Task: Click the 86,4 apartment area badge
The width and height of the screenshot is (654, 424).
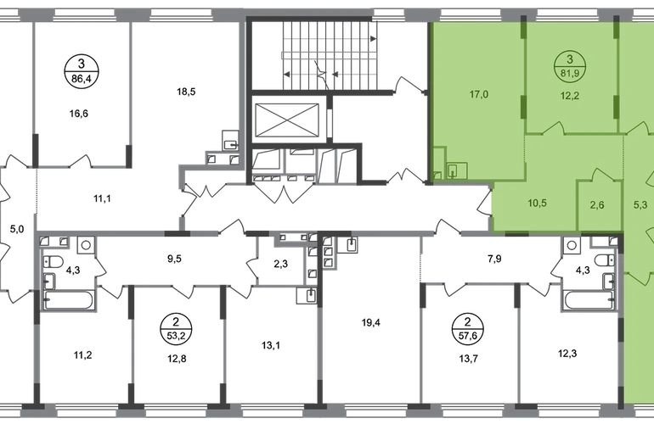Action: tap(82, 70)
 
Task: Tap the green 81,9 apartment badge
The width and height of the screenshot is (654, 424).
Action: tap(570, 67)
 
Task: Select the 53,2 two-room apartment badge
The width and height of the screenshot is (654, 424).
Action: tap(176, 329)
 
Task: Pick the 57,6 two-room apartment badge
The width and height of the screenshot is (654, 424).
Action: tap(467, 329)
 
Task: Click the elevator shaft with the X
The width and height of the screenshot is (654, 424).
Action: tap(286, 120)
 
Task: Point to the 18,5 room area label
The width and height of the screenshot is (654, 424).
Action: tap(186, 92)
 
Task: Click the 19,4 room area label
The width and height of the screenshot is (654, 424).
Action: tap(370, 322)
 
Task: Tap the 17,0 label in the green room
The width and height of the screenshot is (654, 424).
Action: tap(479, 94)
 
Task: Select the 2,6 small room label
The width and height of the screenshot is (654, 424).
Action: tap(597, 205)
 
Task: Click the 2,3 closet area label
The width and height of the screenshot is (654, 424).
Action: tap(280, 264)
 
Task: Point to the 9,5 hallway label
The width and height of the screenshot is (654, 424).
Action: tap(174, 259)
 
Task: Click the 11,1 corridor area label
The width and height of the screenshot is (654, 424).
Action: tap(102, 198)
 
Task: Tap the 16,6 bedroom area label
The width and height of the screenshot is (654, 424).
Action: tap(79, 114)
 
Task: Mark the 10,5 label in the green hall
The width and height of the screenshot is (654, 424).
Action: tap(537, 204)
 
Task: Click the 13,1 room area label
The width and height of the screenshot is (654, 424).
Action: tap(271, 345)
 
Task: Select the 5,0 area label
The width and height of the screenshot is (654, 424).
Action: tap(17, 229)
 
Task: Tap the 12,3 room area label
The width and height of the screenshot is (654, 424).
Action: tap(567, 354)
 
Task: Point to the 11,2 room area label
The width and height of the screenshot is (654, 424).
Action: tap(83, 355)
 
